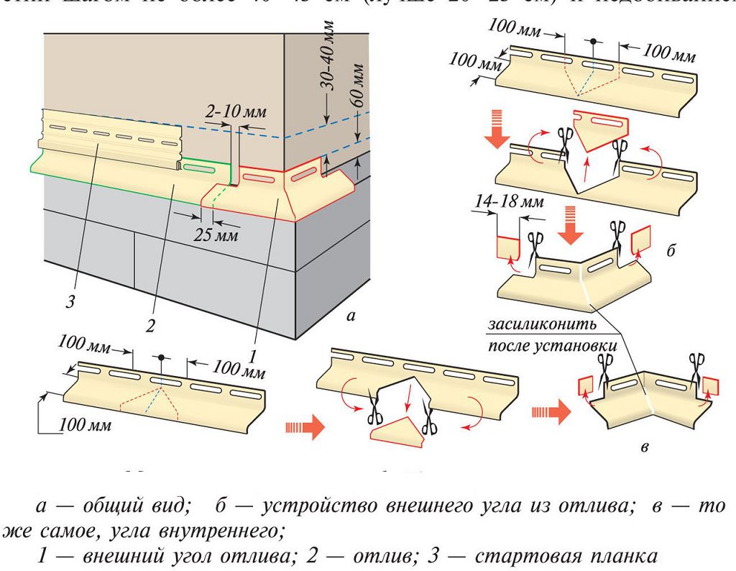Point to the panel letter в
(645, 449)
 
